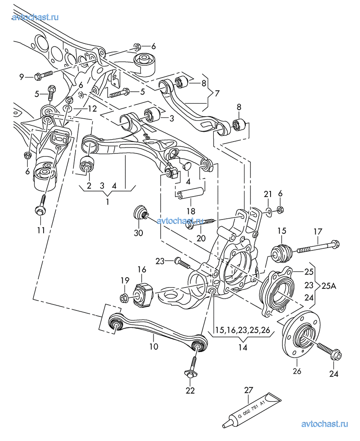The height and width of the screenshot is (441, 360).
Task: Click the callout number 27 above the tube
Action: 248,390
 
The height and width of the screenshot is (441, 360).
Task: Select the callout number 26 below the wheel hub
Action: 297,371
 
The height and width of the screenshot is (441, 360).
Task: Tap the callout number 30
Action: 138,233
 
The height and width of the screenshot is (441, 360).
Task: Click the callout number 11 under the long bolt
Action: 41,230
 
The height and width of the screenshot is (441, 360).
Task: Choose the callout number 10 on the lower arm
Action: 154,346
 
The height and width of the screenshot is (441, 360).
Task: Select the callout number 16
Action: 142,270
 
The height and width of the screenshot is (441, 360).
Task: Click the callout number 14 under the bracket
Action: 243,348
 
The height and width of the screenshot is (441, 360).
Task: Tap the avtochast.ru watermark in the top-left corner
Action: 35,17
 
